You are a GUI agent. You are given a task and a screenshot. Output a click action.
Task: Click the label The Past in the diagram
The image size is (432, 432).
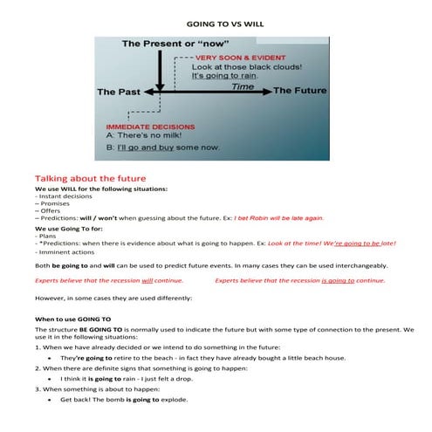point(120,91)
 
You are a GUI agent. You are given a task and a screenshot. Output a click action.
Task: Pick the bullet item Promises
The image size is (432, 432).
point(54,202)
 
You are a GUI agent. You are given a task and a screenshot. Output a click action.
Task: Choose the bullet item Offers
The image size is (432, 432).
point(50,209)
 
